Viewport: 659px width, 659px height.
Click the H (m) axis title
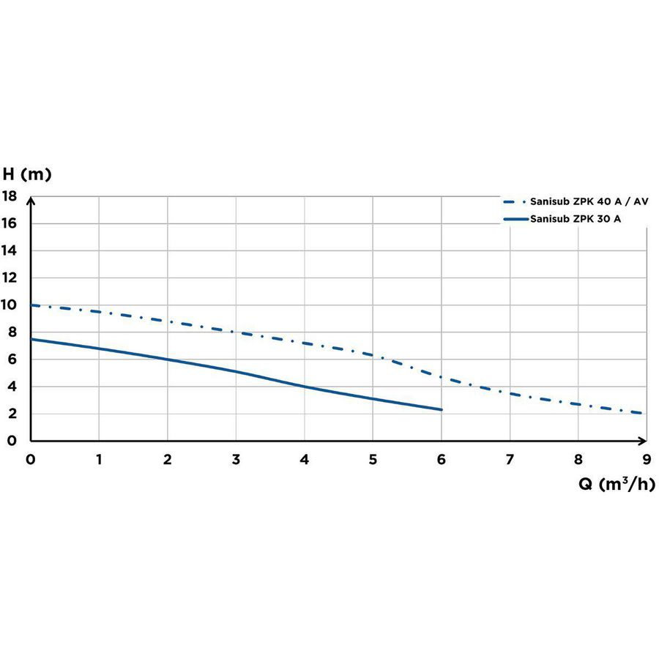(x=27, y=174)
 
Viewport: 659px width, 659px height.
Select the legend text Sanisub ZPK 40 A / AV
(x=589, y=201)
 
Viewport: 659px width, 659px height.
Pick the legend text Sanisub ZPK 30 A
(x=576, y=219)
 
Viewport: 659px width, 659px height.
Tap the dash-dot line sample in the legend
(x=515, y=202)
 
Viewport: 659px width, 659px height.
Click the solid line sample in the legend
(x=515, y=219)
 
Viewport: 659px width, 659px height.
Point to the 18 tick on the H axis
(x=9, y=196)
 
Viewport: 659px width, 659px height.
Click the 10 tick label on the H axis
(x=9, y=305)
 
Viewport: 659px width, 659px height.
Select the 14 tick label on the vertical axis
(x=9, y=250)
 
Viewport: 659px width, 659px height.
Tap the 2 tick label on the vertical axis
(x=12, y=414)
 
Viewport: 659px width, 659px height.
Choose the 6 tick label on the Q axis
(x=442, y=459)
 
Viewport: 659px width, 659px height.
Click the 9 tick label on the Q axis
(x=647, y=459)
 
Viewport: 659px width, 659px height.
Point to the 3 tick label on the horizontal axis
(x=237, y=459)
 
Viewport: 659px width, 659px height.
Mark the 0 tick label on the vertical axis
(x=12, y=441)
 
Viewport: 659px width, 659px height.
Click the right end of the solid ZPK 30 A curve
(x=442, y=409)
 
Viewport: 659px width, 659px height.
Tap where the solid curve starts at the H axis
(x=31, y=339)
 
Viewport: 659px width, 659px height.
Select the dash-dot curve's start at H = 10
(x=31, y=305)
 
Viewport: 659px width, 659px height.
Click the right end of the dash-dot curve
(x=641, y=413)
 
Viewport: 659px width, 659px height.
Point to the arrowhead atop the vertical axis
(x=31, y=200)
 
